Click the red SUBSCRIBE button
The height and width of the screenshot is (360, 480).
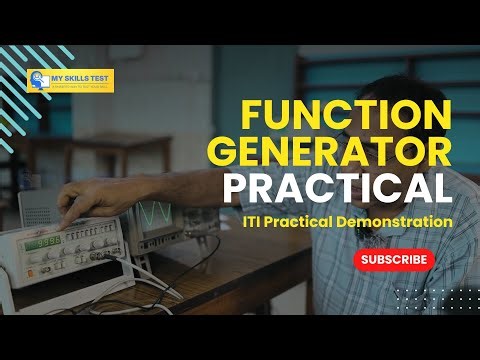[395, 259]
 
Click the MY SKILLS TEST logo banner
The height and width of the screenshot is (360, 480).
[71, 80]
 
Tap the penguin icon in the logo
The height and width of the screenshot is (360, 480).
[37, 80]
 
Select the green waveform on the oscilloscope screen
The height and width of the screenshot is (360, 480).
[154, 215]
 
